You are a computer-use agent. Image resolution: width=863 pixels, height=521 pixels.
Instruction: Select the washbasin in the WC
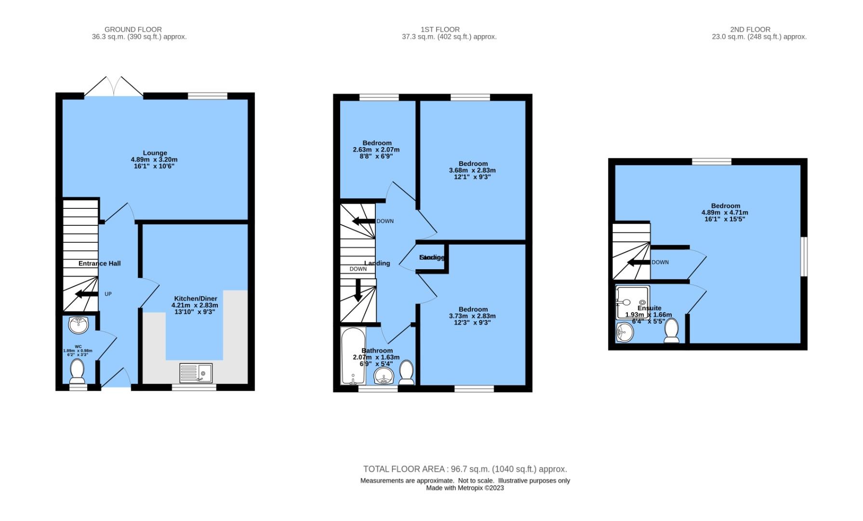coord(78,325)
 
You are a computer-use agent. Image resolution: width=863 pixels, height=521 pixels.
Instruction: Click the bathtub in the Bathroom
coord(353,356)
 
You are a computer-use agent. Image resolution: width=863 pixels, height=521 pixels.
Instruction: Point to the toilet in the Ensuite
coord(671,330)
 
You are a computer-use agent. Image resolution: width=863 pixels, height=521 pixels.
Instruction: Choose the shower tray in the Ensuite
coord(632,302)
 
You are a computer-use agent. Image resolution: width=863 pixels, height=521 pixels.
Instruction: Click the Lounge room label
coord(155,153)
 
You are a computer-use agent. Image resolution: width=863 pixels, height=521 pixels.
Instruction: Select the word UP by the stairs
coord(108,294)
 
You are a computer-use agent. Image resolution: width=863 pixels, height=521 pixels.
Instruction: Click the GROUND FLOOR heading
coord(133,29)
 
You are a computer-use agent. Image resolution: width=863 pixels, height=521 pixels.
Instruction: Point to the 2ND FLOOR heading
coord(750,29)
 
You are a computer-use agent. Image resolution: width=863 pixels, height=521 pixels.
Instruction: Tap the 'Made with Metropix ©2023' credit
coord(465,488)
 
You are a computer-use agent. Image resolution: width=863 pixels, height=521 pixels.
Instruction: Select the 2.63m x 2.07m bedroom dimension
coord(376,150)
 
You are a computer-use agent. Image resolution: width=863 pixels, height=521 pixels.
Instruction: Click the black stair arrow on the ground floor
coord(86,294)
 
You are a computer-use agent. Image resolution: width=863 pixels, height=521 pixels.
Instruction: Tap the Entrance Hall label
coord(99,263)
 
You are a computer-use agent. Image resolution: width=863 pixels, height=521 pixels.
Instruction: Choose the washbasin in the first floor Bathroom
coord(384,376)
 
